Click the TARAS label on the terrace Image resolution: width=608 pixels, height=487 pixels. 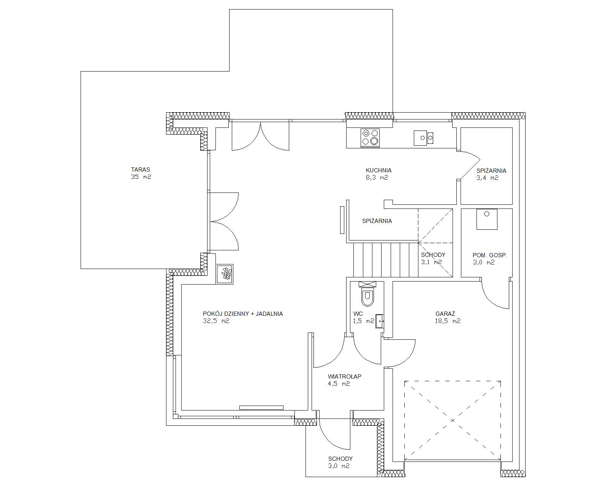(141, 170)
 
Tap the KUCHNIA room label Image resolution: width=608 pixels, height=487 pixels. (378, 170)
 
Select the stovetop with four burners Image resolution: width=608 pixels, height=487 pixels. (370, 138)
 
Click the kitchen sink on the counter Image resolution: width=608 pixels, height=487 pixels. (423, 138)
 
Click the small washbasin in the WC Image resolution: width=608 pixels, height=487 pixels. (380, 321)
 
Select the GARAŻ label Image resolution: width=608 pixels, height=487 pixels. (445, 314)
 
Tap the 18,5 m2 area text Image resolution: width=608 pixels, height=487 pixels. (448, 321)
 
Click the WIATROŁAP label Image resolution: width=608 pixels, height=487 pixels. (345, 377)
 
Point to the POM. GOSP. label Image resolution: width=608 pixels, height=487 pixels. (490, 255)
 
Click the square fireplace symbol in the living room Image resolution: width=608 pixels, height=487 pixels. (225, 274)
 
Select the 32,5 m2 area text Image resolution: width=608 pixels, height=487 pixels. (216, 321)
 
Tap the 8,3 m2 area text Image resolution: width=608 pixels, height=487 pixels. (377, 178)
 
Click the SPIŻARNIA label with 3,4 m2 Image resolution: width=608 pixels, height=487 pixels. (491, 170)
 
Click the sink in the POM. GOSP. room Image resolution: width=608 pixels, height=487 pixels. (487, 219)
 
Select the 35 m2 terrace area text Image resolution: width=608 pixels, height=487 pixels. (141, 177)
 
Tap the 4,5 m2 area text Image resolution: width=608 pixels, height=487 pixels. (339, 384)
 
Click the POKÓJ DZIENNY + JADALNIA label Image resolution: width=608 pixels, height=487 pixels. (243, 314)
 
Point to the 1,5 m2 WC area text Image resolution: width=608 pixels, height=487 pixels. (364, 321)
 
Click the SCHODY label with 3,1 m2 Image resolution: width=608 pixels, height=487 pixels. (433, 255)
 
